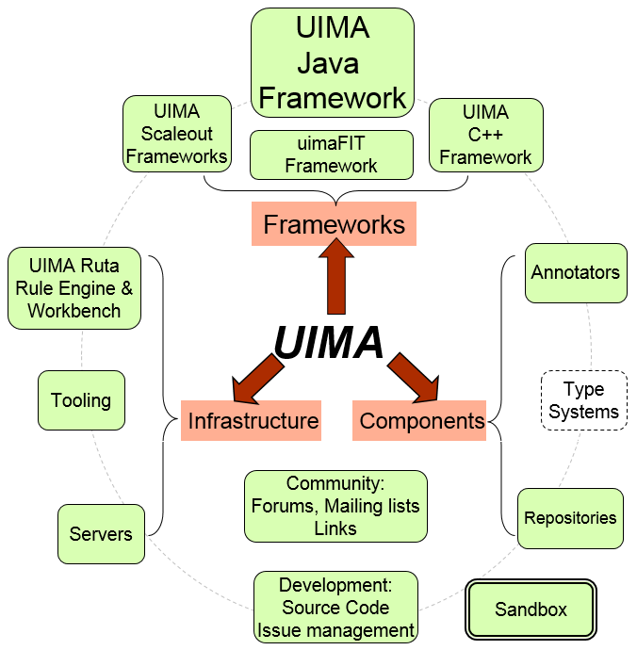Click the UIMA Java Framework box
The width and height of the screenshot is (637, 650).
tap(333, 62)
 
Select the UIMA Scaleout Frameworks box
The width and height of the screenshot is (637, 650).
tap(176, 133)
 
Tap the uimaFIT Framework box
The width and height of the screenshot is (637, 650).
tap(331, 154)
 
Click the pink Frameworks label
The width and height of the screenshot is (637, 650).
tap(334, 225)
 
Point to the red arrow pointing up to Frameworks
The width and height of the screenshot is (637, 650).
tap(334, 278)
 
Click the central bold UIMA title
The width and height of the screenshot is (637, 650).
tap(329, 342)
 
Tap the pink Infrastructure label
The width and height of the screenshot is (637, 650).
tap(252, 420)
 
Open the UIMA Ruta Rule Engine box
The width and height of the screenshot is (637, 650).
tap(74, 287)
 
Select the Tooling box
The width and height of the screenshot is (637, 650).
tap(81, 400)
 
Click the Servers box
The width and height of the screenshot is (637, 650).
tap(101, 534)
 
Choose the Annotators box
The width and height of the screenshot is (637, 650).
tap(575, 273)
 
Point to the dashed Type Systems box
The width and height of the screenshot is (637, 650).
tap(583, 400)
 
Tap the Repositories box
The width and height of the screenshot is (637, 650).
tap(570, 518)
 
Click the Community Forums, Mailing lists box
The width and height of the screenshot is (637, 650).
tap(335, 507)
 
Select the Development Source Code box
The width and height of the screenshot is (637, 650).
tap(335, 608)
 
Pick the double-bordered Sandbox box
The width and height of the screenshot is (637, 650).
tap(531, 609)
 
